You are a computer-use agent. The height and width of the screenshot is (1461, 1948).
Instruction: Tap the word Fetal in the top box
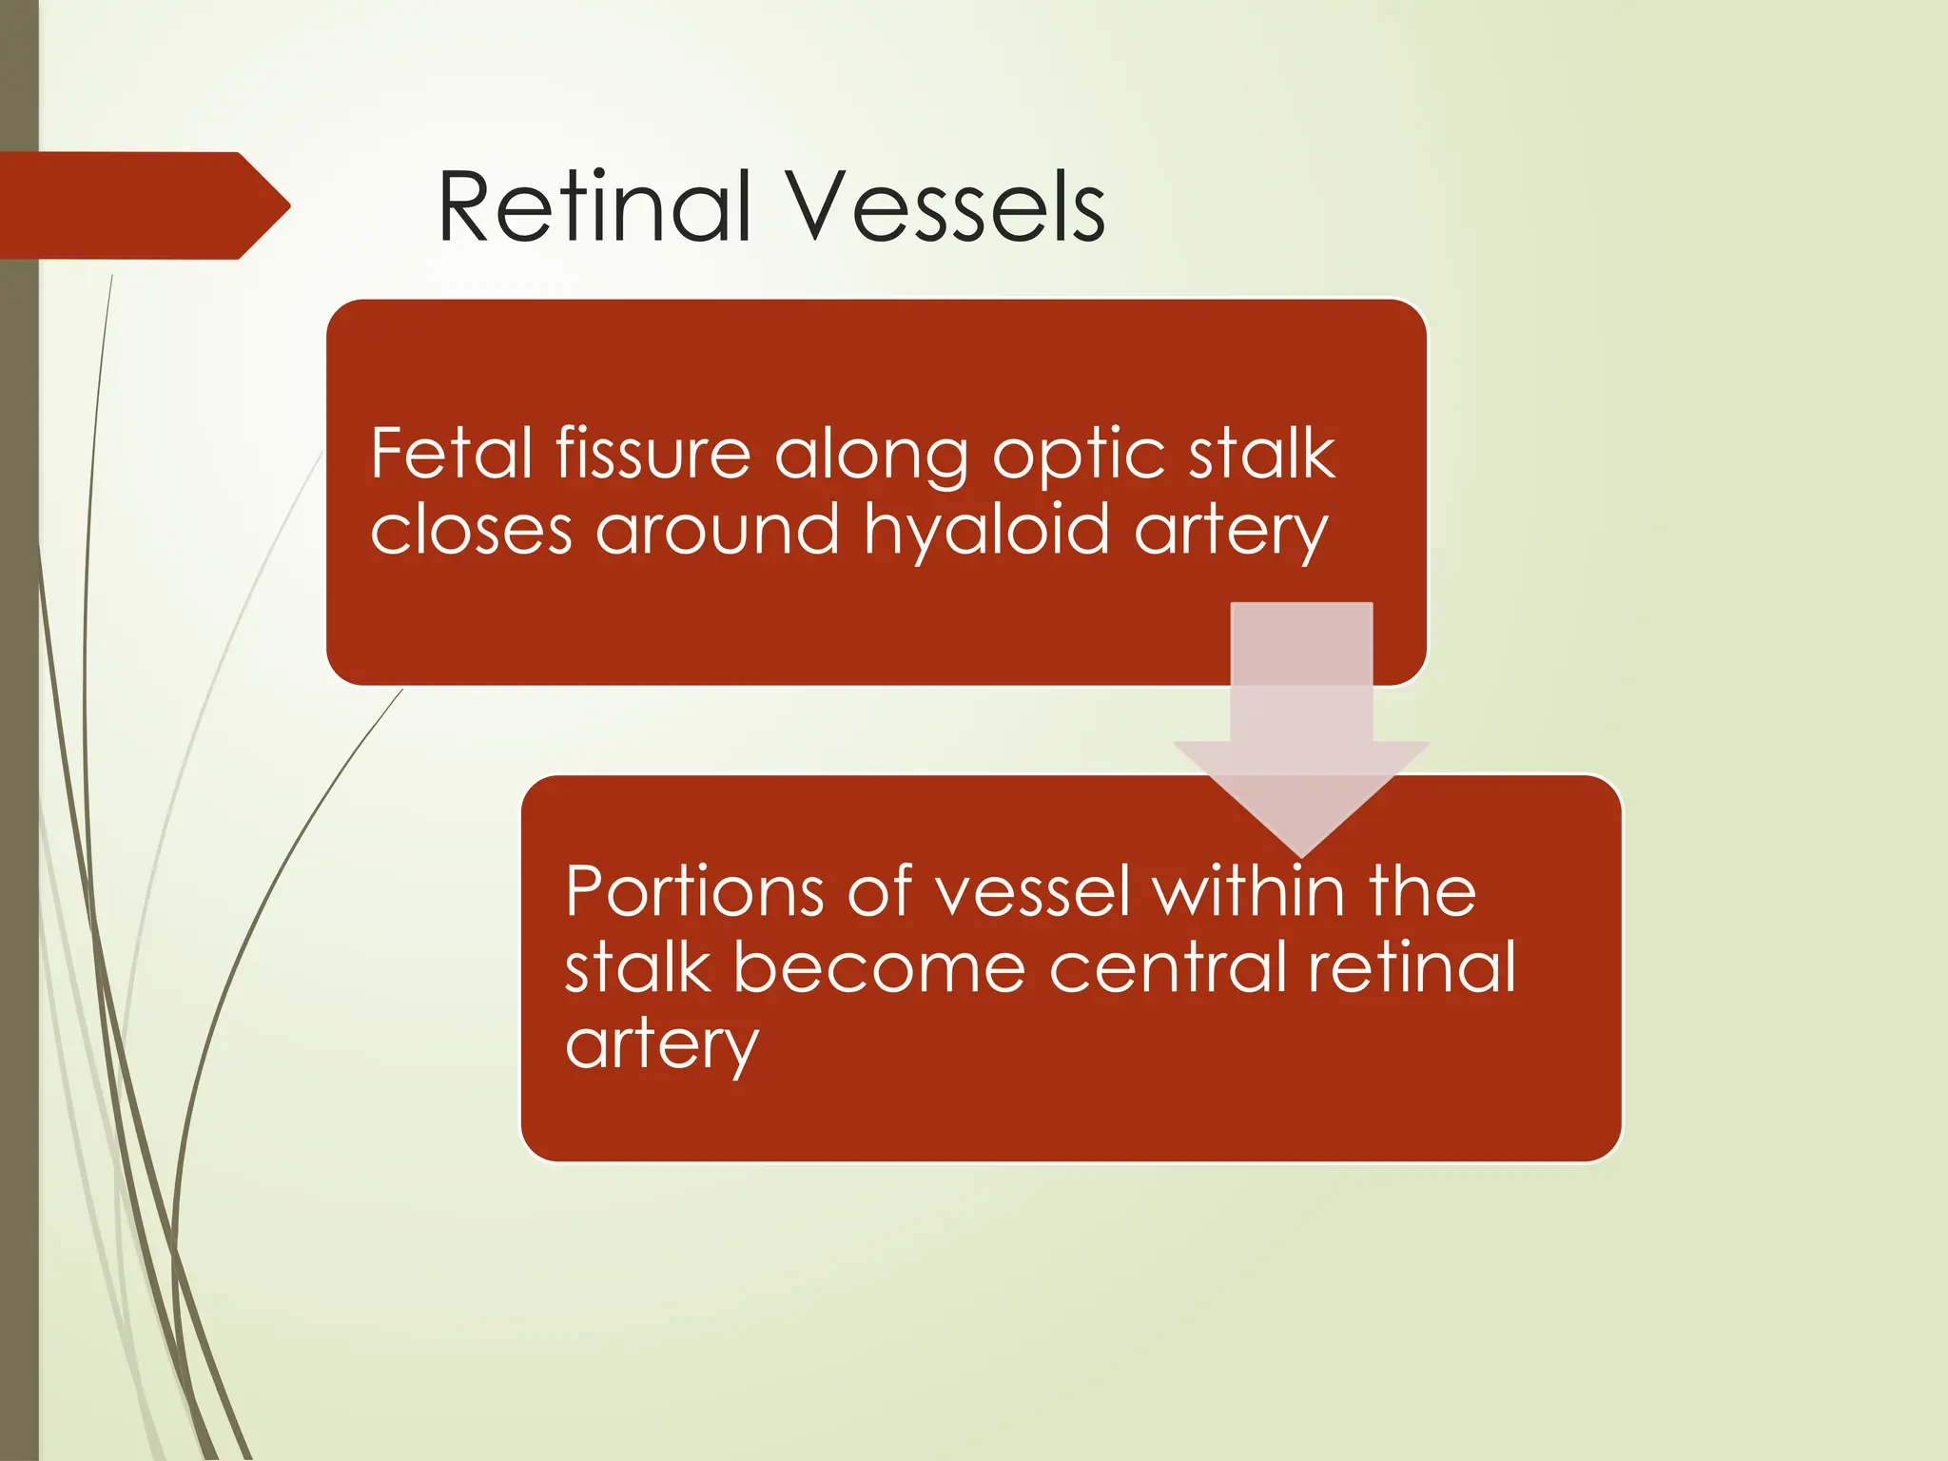(x=451, y=454)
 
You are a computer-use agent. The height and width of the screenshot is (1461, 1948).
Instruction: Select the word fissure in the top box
(x=653, y=454)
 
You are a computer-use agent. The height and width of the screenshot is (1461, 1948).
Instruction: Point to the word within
(x=1249, y=891)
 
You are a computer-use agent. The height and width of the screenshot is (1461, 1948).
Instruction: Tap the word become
(x=879, y=967)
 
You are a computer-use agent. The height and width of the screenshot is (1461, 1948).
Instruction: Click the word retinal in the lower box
(x=1412, y=967)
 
